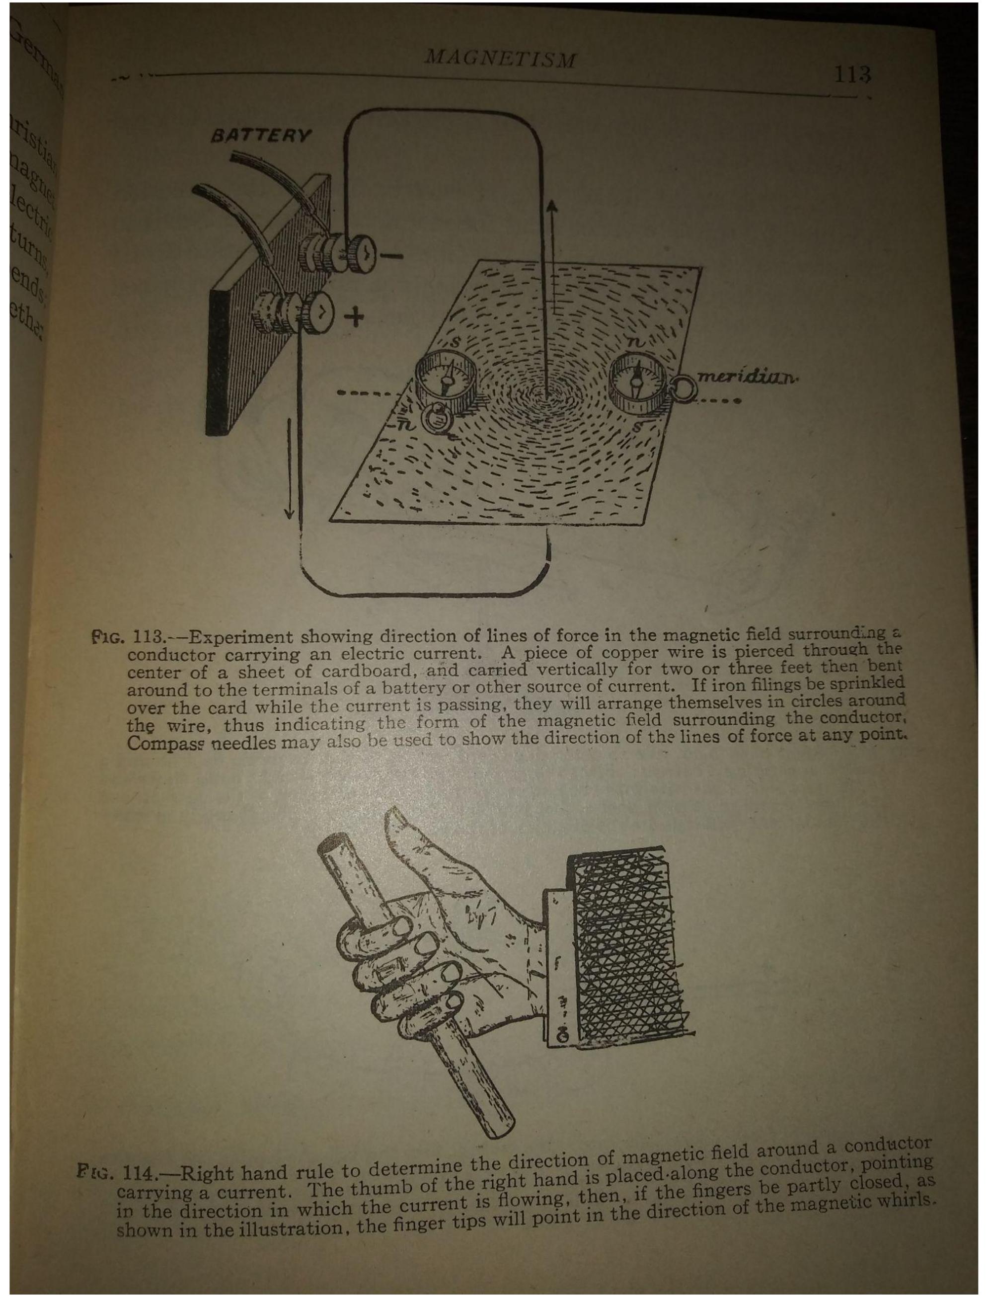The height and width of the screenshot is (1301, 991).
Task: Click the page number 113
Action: pos(852,75)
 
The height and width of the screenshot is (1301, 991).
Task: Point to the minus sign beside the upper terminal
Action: pos(391,255)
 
